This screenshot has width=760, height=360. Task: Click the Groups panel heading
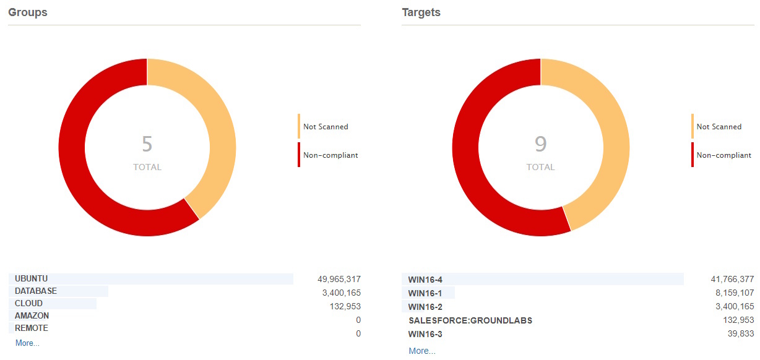(x=27, y=12)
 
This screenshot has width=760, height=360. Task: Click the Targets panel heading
(x=421, y=12)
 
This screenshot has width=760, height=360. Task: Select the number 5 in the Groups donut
(x=147, y=144)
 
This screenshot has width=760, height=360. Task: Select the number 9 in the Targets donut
(x=540, y=144)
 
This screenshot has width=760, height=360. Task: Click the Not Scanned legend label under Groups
(x=326, y=127)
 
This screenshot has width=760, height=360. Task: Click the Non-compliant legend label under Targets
(x=723, y=155)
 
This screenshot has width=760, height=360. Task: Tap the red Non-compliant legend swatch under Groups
(x=299, y=155)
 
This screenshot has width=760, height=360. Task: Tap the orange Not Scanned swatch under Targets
(x=693, y=126)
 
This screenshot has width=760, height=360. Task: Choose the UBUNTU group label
(x=31, y=279)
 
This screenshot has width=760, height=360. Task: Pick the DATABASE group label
(x=35, y=291)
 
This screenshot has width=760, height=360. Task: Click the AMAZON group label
(x=32, y=316)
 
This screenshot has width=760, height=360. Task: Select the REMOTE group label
(x=31, y=328)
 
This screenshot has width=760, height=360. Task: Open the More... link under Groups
(x=27, y=343)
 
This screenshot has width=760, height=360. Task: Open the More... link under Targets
(x=421, y=351)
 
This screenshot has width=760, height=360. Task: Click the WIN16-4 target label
(x=425, y=280)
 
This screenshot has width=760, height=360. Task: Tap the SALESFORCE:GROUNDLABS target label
(x=470, y=321)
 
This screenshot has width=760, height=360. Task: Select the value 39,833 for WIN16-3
(x=740, y=334)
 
